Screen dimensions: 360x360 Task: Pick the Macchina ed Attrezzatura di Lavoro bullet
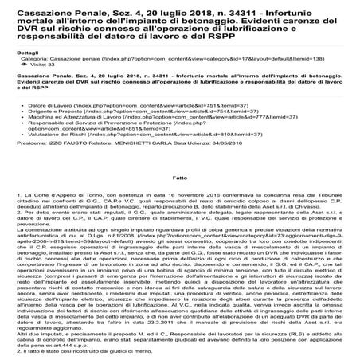(x=72, y=118)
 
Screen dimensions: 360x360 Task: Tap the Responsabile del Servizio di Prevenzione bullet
(x=96, y=124)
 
